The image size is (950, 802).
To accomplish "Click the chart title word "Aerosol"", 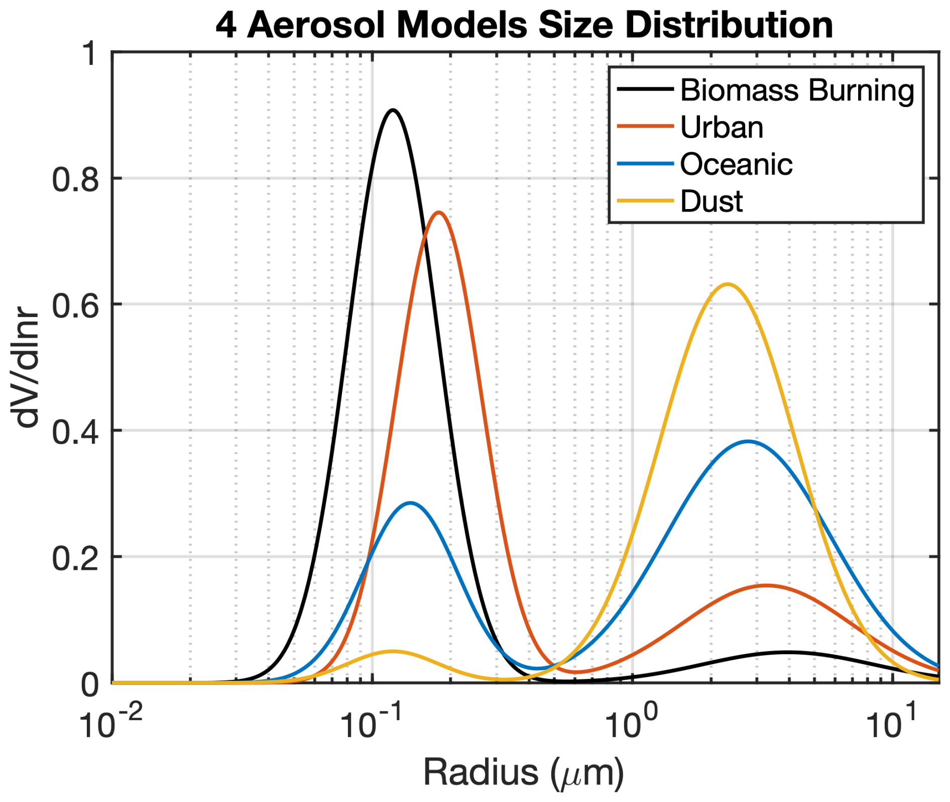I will [x=316, y=25].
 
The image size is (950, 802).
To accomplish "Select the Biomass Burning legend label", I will [x=797, y=90].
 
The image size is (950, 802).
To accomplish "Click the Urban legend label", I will [x=722, y=127].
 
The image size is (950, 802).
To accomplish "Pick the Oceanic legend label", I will [x=736, y=164].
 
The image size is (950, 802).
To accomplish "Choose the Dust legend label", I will [x=711, y=202].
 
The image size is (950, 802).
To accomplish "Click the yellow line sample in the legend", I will [x=645, y=201].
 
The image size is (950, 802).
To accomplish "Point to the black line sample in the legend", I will [x=645, y=89].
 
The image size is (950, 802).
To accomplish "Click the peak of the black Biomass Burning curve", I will [x=393, y=110].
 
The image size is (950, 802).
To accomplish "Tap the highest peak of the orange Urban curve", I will [x=439, y=213].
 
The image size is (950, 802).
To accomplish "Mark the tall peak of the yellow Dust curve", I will [x=727, y=284].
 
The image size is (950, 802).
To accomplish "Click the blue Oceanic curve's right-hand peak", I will [x=748, y=442].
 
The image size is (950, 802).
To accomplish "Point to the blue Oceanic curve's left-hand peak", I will [x=411, y=503].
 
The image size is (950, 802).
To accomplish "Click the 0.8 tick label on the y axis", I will [x=75, y=179].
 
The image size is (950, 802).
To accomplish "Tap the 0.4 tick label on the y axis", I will [x=75, y=432].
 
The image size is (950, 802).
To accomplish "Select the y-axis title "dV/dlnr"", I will [x=26, y=369].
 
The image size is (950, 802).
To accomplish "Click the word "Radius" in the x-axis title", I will [x=481, y=772].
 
